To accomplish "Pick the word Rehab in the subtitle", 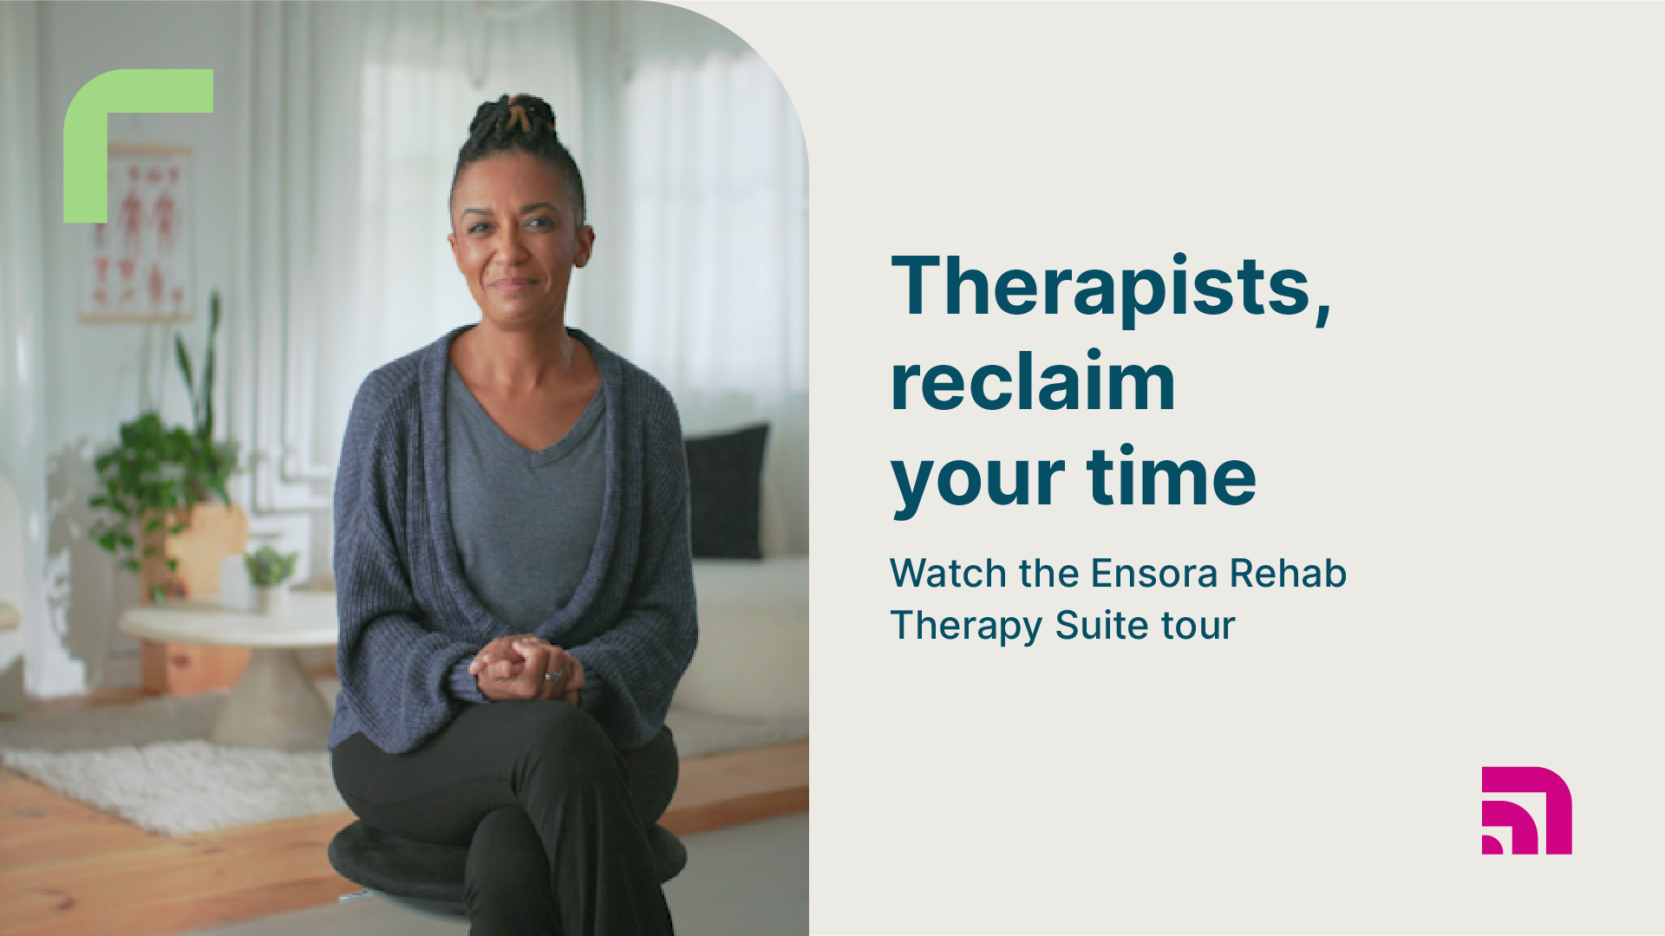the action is [1288, 573].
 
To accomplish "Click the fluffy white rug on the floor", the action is [173, 780].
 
